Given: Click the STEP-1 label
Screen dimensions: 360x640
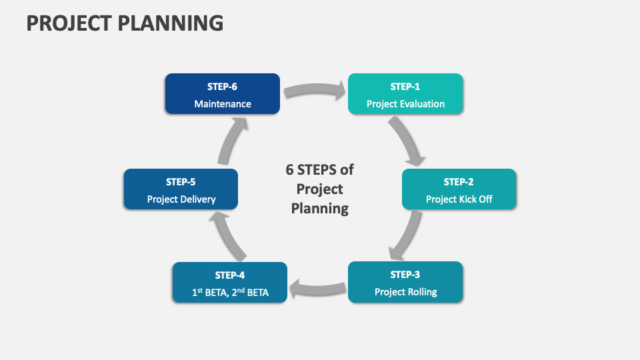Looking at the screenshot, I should point(405,87).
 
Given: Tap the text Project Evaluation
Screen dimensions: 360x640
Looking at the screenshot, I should point(405,104).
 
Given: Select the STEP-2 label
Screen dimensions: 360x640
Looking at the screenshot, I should point(459,182).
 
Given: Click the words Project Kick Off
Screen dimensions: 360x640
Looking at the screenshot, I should point(459,199).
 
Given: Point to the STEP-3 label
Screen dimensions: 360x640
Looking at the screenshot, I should point(405,275).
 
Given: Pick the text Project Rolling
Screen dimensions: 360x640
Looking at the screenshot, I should point(405,292).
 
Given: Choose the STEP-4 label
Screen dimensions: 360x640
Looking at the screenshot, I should point(230,275).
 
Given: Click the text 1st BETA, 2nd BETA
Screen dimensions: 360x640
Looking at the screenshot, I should point(230,292).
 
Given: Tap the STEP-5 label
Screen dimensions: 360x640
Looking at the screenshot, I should point(181,182).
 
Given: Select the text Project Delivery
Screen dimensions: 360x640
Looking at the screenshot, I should point(181,199).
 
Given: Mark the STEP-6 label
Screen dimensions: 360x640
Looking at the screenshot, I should point(223,87).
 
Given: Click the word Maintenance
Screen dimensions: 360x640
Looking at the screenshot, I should point(223,104).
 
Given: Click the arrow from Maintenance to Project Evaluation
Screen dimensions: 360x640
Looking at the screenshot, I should point(315,89).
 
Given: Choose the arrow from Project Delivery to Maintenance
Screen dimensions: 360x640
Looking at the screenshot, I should point(229,141).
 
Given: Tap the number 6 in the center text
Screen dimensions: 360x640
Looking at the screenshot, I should point(290,169).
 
